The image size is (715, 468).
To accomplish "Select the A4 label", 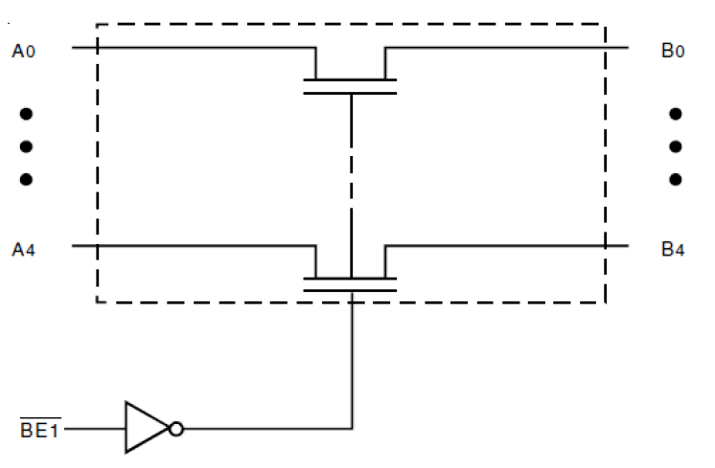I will pos(24,249).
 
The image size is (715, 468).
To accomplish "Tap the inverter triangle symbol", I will pos(144,427).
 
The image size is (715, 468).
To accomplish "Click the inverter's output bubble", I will pos(175,427).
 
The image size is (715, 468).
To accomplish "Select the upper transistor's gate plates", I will pos(350,86).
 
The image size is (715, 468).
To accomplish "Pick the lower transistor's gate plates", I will pos(350,283).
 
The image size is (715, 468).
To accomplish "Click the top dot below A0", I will pos(27,113).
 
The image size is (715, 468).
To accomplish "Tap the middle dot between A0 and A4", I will pos(27,146).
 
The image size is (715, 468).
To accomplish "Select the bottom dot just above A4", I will pos(27,179).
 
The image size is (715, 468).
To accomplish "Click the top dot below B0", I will pos(676,113).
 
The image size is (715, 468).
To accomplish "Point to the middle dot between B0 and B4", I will pos(676,146).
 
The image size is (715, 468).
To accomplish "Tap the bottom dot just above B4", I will pos(676,179).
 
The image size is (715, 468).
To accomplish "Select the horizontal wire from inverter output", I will pos(268,427).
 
